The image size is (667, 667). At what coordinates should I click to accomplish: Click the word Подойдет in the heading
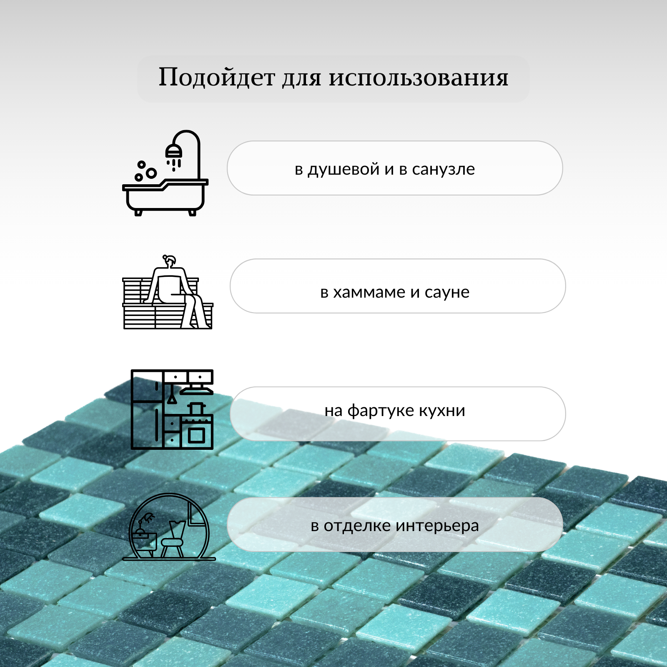pos(217,78)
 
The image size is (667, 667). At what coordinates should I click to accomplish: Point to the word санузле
pos(443,169)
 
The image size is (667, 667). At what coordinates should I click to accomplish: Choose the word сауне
pos(447,292)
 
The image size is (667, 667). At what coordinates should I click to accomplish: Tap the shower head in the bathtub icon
pos(174,151)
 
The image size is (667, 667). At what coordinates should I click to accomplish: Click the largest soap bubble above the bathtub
pos(151,173)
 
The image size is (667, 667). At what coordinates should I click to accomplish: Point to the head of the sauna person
pos(170,262)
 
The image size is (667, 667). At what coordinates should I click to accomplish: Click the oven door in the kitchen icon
pos(196,435)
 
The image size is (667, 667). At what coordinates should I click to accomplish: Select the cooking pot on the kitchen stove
pos(196,408)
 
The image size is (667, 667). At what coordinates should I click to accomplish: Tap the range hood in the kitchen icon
pos(196,391)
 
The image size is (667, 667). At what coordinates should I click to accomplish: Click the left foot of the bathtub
pos(138,213)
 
